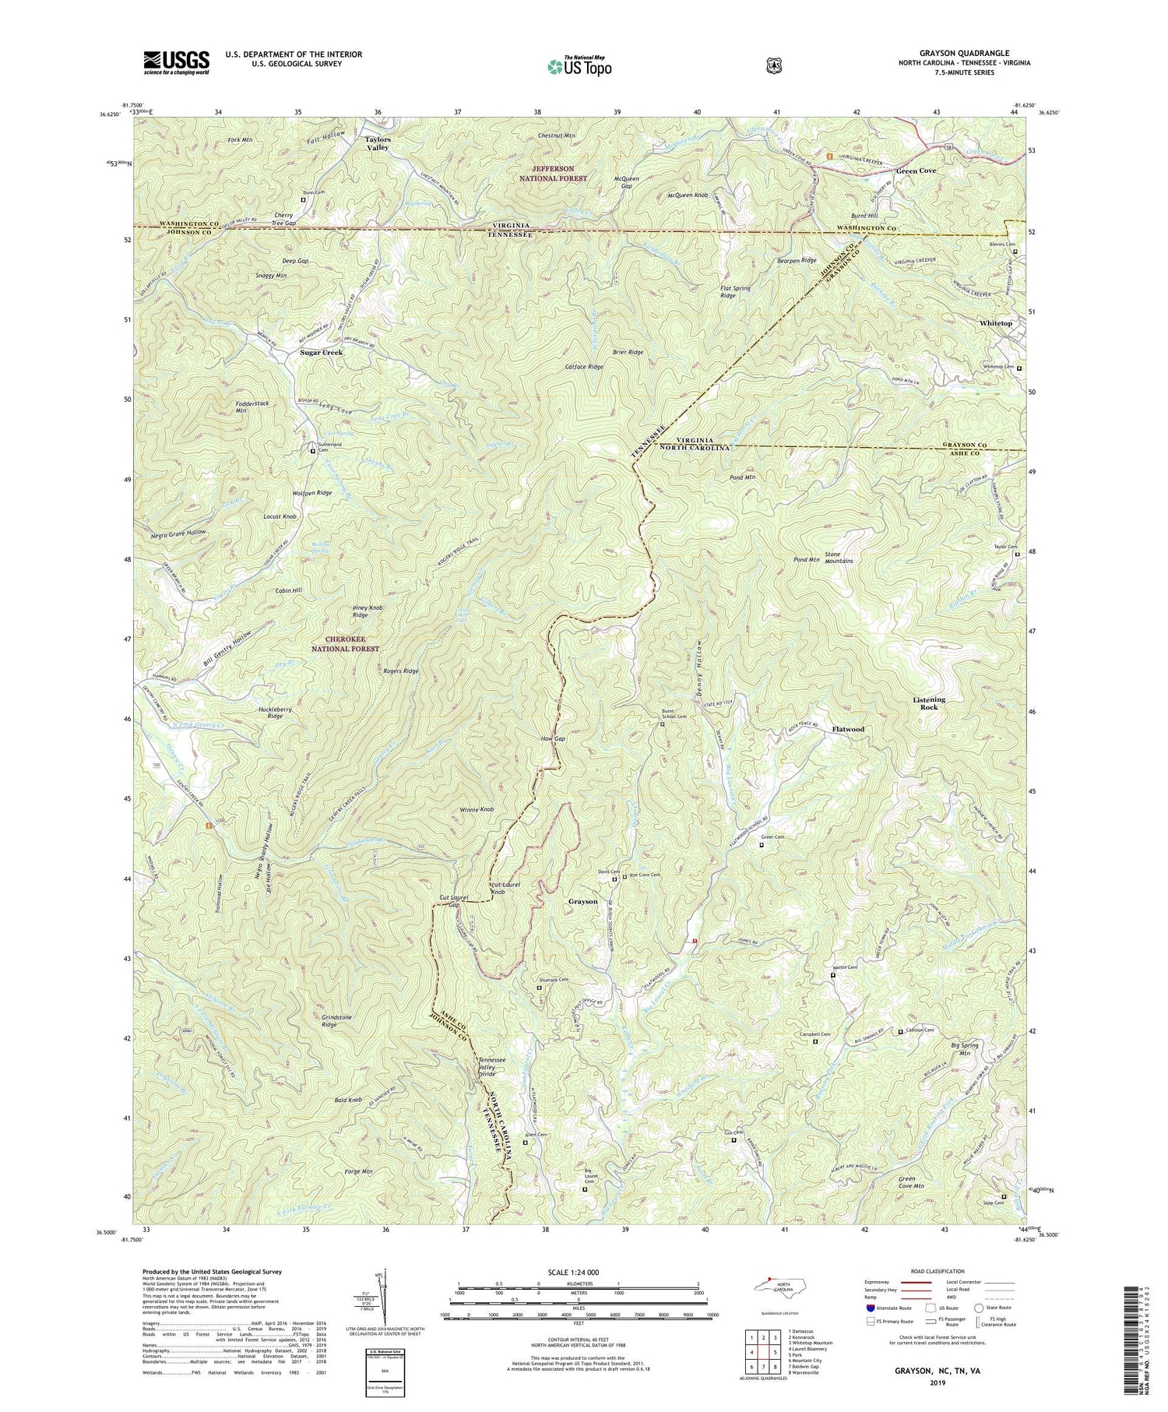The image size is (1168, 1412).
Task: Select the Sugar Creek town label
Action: pyautogui.click(x=322, y=353)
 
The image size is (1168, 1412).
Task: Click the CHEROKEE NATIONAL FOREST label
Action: pyautogui.click(x=346, y=644)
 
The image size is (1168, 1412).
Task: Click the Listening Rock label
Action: pyautogui.click(x=928, y=703)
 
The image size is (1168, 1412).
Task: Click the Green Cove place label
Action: pyautogui.click(x=916, y=171)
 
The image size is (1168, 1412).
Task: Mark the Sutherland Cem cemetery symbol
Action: pyautogui.click(x=314, y=451)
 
